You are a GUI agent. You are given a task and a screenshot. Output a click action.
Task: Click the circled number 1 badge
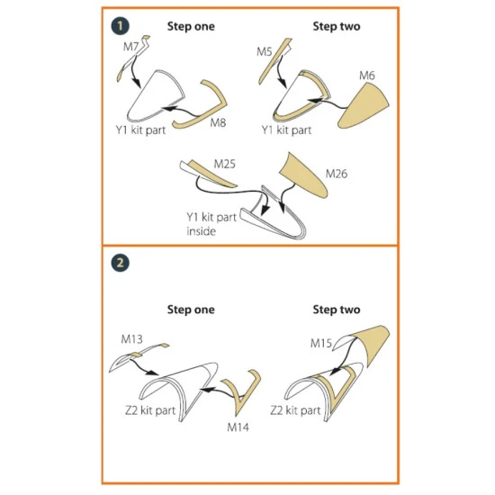point(120,26)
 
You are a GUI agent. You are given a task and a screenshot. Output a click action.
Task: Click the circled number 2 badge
point(120,263)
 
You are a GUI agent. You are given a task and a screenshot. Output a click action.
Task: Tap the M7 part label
point(131,47)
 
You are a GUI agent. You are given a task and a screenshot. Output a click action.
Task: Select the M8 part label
point(218,122)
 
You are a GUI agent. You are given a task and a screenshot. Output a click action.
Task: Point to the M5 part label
point(265,51)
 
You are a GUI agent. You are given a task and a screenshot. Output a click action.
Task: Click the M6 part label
point(367,76)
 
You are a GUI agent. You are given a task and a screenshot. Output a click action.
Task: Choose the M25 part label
point(225,164)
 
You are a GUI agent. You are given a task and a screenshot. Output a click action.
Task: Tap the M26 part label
point(337,174)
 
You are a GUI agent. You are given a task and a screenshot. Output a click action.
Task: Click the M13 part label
point(132,339)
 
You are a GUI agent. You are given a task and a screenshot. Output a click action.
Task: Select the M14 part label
point(238,427)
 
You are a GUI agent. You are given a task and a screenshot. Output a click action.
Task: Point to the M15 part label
point(321,343)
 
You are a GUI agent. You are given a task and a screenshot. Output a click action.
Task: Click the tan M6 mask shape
point(364,106)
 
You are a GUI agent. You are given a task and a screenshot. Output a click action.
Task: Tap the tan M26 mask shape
point(304,175)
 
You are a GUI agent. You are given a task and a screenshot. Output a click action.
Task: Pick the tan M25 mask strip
point(212,174)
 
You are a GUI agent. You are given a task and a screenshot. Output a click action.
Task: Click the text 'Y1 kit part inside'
point(211,224)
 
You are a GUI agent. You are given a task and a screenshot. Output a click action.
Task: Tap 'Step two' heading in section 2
point(337,310)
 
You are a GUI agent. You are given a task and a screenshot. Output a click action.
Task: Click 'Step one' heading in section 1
point(191,26)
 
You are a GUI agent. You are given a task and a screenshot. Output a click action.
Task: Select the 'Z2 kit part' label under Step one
point(150,410)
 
